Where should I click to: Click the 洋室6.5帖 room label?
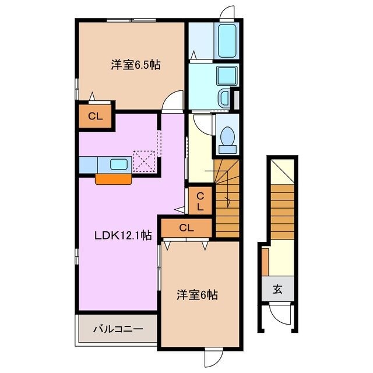point(135,65)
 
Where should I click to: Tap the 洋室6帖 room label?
point(198,295)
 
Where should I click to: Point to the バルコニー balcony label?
point(118,329)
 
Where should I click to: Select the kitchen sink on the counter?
point(119,164)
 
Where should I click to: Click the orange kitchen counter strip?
point(114,179)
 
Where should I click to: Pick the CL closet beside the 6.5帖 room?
point(95,116)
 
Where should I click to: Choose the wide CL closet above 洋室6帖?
point(186,228)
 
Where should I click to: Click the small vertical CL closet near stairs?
point(199,201)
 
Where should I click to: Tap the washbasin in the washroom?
point(224,96)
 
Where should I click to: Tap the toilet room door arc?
point(201,122)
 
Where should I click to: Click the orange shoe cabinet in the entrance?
point(265,261)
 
